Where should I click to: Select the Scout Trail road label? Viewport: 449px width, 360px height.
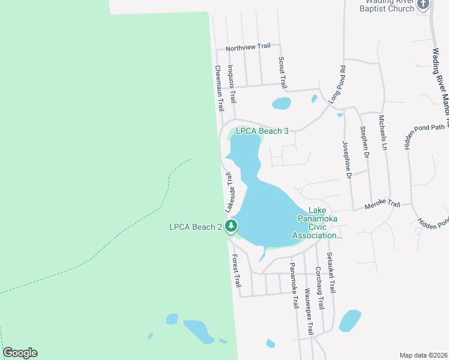point(281,71)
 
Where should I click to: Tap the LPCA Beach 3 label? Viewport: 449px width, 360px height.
point(262,131)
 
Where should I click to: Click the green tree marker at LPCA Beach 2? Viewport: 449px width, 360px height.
point(231,227)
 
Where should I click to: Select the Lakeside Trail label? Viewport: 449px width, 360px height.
point(231,192)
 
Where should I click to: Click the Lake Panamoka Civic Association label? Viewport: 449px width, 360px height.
point(316,223)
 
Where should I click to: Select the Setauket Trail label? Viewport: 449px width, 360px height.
point(331,272)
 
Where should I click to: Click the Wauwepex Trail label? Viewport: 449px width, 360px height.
point(309,313)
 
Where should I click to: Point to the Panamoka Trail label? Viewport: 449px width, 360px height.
point(294,285)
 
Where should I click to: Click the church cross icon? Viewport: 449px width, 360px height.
point(423,5)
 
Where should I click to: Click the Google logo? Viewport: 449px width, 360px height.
point(20,353)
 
